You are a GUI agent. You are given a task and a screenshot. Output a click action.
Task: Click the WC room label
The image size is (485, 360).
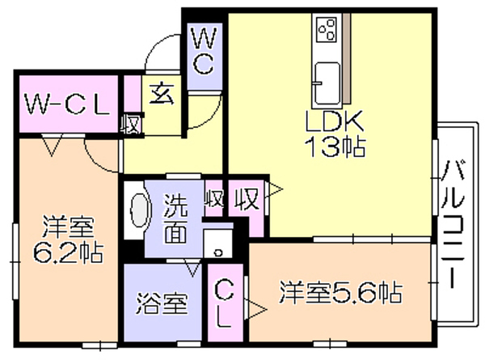coord(205,51)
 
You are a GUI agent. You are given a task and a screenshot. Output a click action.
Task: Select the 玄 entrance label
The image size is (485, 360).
coord(162,94)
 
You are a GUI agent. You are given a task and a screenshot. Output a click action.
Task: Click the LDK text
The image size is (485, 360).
coord(334,121)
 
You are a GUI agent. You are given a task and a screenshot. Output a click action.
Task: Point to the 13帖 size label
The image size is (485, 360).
coord(335,146)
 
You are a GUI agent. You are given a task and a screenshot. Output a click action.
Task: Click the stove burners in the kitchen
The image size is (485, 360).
coord(327,29)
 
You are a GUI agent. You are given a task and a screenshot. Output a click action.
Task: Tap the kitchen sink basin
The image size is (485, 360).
coord(327,83)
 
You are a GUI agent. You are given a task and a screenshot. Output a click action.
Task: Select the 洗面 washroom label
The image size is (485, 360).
coord(175,219)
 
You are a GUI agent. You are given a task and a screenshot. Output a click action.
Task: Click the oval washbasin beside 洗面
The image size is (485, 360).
coord(140,211)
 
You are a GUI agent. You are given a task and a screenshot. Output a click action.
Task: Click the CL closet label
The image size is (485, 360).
coord(224,306)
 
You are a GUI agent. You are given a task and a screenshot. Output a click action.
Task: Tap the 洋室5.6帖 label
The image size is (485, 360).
coord(341,291)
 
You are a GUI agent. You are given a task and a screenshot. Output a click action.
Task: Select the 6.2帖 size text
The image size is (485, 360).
coord(68,252)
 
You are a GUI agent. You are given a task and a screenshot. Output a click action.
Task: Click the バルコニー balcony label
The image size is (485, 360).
coord(453,224)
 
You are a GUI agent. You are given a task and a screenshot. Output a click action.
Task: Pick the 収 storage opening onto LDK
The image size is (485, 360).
coord(247,199)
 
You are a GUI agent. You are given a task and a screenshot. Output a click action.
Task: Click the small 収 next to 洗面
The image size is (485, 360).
coord(214,200)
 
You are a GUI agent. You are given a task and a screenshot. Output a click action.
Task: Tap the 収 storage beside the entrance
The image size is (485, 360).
coord(131,125)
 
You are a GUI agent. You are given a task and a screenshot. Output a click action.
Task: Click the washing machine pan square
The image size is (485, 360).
coord(218,244)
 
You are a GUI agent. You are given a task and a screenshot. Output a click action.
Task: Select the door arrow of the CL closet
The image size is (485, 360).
coord(255,309)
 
